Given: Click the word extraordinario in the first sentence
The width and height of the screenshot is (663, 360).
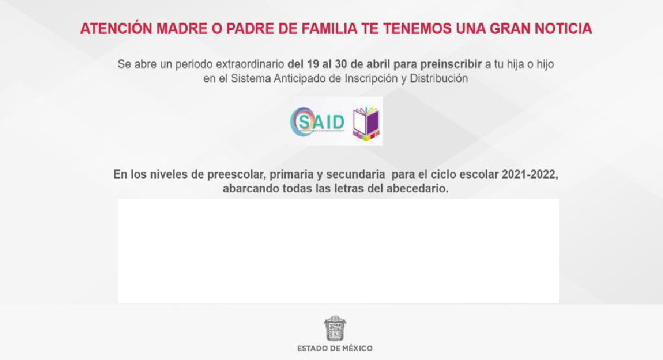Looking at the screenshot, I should (x=249, y=64).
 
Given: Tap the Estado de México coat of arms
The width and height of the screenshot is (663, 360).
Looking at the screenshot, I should (x=335, y=329).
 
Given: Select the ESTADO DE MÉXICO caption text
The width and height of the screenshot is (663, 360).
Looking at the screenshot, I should (x=335, y=348).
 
